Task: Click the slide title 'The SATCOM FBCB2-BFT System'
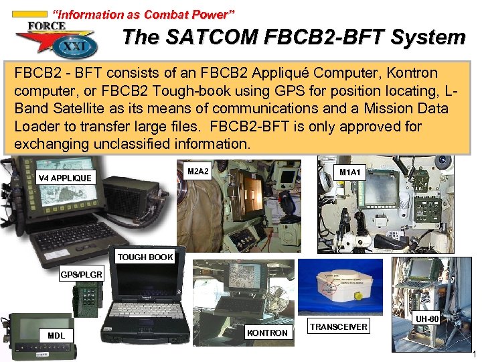point(293,38)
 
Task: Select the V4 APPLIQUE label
point(66,178)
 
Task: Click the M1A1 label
point(349,172)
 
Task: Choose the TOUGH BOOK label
point(145,257)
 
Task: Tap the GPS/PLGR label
point(81,275)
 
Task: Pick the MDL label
point(57,335)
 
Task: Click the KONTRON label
point(267,333)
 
